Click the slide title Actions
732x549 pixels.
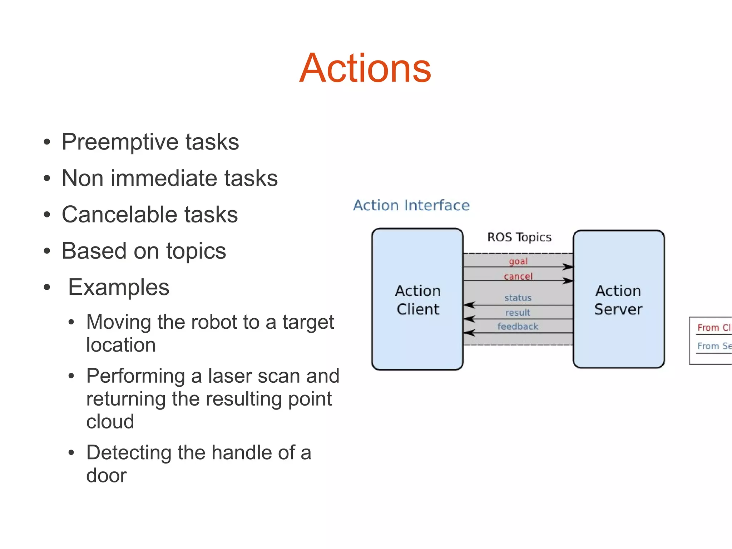tap(365, 68)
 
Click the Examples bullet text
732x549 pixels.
tap(119, 287)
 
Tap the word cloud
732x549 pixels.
tap(110, 421)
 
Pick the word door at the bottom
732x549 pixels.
tap(107, 475)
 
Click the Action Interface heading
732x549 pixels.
tap(411, 205)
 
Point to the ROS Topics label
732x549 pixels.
tap(519, 237)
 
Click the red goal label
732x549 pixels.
tap(518, 261)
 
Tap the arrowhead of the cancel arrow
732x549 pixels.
tap(568, 281)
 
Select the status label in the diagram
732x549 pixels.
tap(518, 298)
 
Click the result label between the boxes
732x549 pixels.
tap(518, 313)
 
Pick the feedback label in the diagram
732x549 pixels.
tap(518, 326)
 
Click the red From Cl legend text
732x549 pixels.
tap(713, 327)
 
